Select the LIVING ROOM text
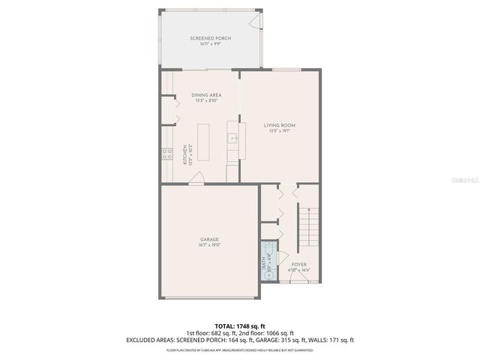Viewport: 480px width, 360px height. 279,125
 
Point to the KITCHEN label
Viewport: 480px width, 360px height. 184,154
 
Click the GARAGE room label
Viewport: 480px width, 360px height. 209,239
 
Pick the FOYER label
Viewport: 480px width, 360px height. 299,264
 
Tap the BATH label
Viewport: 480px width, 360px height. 263,263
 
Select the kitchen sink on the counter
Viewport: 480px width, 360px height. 232,138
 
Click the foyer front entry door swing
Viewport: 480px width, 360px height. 297,279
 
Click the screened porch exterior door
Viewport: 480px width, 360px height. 259,18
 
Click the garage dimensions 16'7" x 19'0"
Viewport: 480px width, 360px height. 209,245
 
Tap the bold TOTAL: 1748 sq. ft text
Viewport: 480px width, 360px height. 239,327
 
